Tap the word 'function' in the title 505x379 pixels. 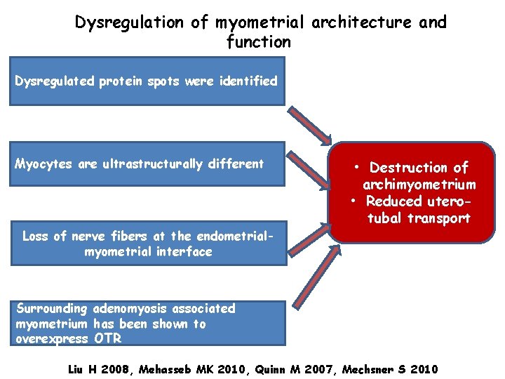click(x=259, y=42)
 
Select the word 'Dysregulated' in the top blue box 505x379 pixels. click(x=53, y=81)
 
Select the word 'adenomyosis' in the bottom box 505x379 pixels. click(x=128, y=308)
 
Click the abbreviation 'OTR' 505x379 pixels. click(x=107, y=339)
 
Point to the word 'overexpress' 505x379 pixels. click(x=51, y=339)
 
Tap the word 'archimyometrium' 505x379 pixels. click(x=419, y=185)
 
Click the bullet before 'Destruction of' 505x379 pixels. click(x=357, y=168)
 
